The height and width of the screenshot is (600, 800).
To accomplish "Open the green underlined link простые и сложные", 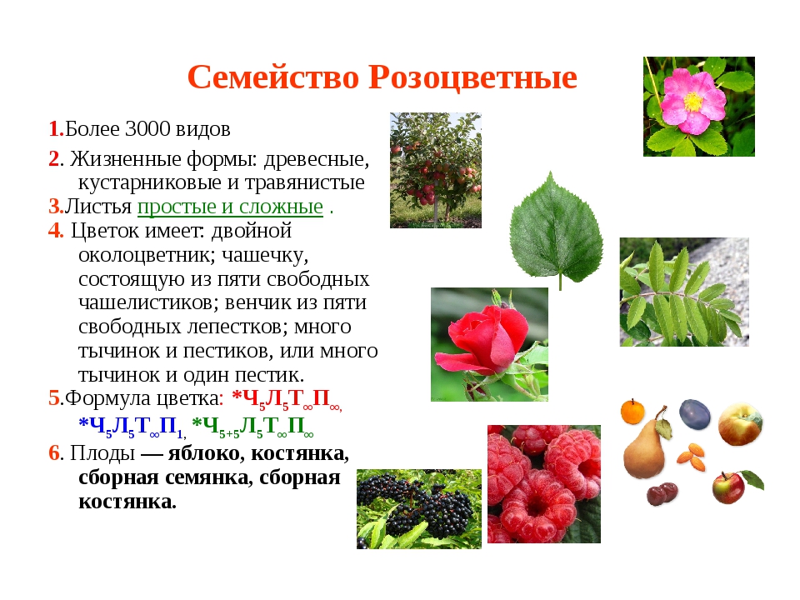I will coord(230,207).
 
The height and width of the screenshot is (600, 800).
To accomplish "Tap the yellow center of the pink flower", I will coord(693,102).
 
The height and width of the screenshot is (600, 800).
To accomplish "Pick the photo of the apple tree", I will coord(435,170).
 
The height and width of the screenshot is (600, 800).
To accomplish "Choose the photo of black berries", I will coord(418,508).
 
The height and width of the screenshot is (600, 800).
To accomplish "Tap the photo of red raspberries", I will coord(543,483).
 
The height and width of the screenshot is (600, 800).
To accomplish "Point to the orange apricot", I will coord(633,411).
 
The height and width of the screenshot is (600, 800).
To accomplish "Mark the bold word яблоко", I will coord(202,453).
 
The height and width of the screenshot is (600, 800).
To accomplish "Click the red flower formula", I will coord(286,398).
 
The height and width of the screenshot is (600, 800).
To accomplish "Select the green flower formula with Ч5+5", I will coord(252,426).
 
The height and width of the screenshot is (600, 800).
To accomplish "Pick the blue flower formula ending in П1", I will coord(132,426).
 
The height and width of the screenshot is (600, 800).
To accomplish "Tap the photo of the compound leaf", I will coord(683,292).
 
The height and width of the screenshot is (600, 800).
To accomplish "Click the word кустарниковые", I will coord(142,182).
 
